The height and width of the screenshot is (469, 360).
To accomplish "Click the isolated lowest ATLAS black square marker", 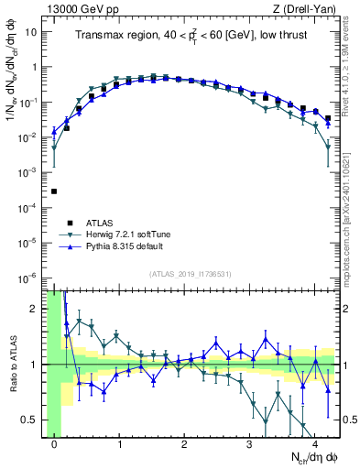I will tap(54, 191).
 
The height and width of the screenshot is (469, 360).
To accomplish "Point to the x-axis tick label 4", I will tap(314, 445).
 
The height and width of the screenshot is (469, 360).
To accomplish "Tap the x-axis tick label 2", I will tap(184, 445).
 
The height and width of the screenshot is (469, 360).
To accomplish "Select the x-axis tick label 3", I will tap(249, 445).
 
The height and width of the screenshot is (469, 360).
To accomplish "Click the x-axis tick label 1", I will tap(119, 445).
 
